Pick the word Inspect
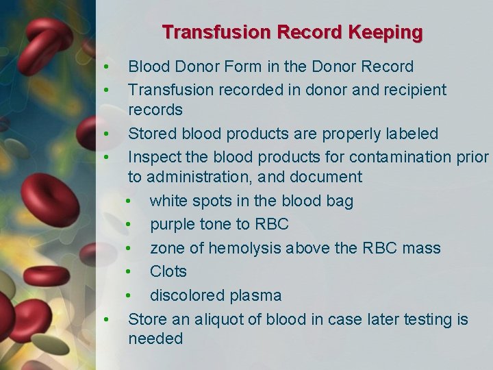tap(154, 157)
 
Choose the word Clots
tap(168, 271)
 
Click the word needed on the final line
tap(155, 338)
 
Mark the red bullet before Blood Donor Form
tap(106, 68)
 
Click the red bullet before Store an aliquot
tap(106, 320)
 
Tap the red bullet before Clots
tap(128, 272)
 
